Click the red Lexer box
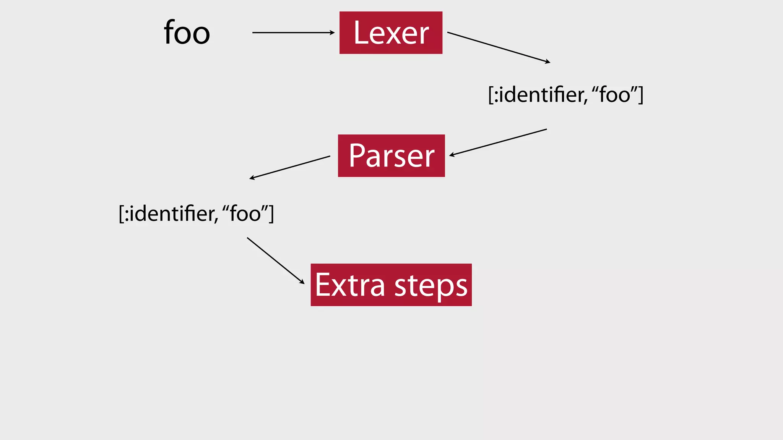coord(391,33)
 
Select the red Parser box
coord(391,156)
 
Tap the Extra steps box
coord(391,285)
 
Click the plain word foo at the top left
coord(187,33)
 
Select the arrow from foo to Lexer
coord(292,33)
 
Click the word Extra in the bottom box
coord(349,285)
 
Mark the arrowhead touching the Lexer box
coord(332,33)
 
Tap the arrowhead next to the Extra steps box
coord(302,282)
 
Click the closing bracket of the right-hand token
coord(641,95)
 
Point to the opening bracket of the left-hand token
coord(121,214)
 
